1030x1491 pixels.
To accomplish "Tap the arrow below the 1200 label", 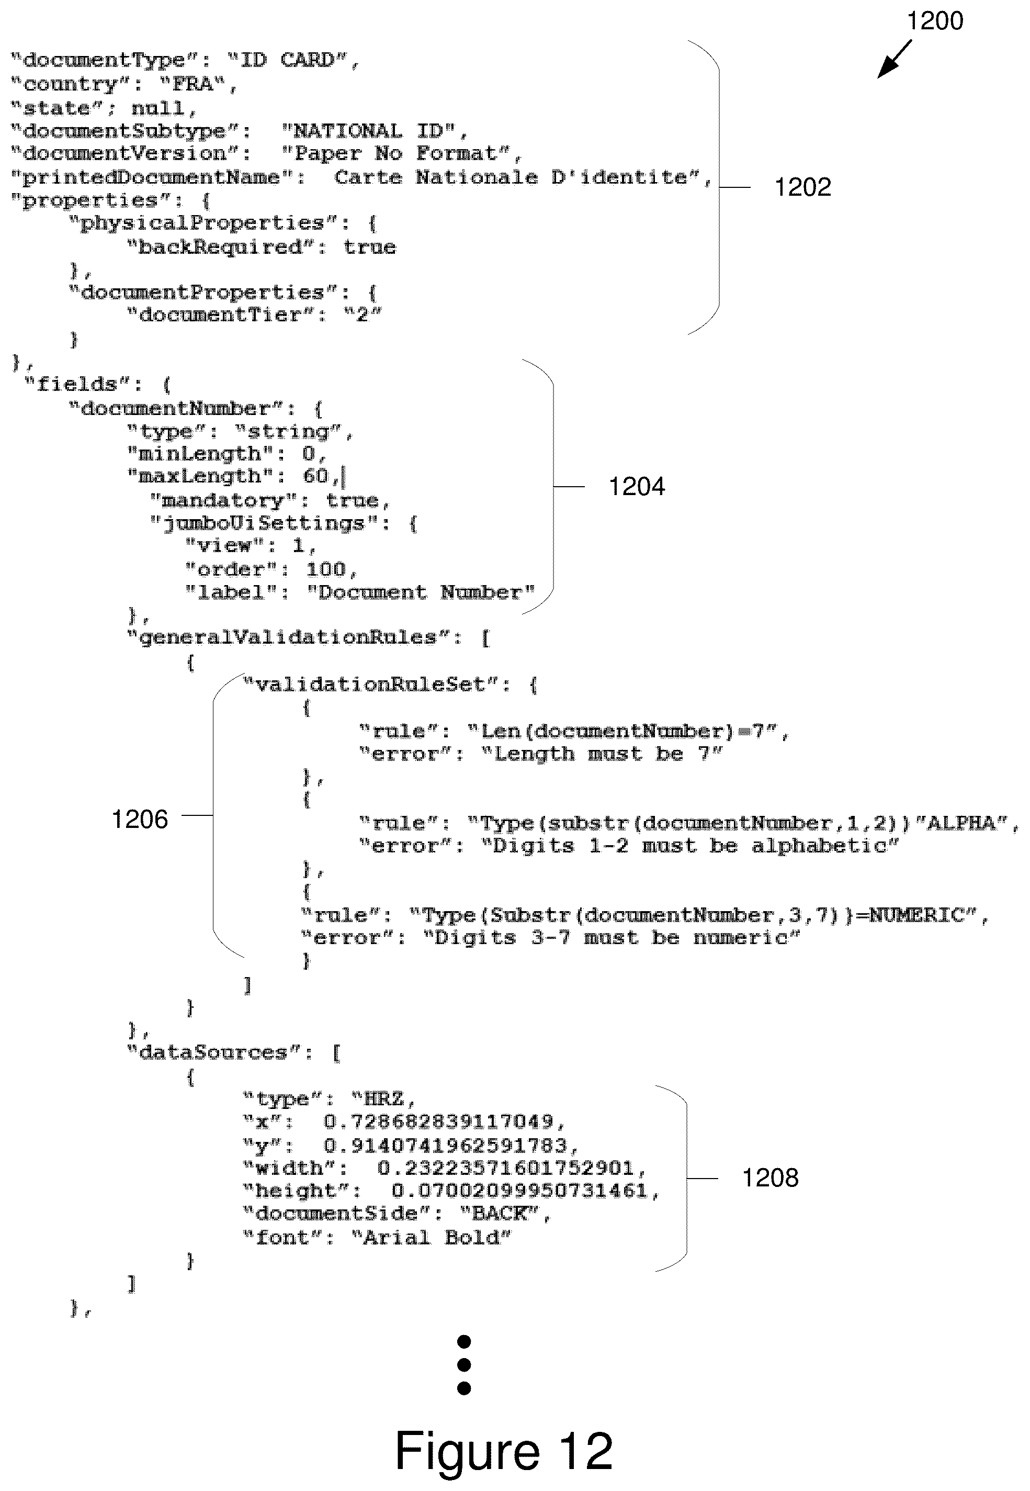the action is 895,59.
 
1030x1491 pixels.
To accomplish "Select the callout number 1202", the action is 802,187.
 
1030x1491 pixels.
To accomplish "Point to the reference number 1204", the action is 637,487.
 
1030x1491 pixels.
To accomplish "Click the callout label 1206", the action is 139,819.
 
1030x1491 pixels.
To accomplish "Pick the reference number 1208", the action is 770,1178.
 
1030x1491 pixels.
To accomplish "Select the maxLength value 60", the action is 315,476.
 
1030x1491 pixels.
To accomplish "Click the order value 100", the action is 326,569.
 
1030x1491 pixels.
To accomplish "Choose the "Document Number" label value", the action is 420,592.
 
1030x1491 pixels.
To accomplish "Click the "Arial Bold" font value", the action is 431,1237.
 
